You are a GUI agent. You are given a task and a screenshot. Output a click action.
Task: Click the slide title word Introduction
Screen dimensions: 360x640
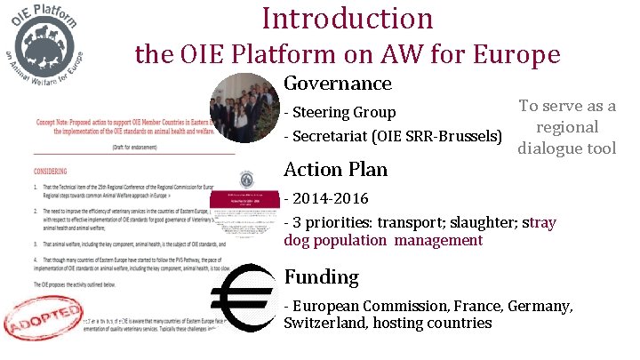pyautogui.click(x=348, y=18)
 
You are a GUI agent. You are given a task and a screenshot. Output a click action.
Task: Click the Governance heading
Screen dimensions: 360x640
pyautogui.click(x=337, y=84)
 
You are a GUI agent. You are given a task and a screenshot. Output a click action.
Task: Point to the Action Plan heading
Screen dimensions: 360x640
pyautogui.click(x=335, y=169)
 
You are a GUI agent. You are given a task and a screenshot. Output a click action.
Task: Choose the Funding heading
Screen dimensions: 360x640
pyautogui.click(x=321, y=277)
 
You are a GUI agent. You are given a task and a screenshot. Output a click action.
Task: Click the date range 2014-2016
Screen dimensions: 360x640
pyautogui.click(x=329, y=196)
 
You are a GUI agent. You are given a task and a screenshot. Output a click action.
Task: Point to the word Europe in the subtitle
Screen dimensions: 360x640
pyautogui.click(x=516, y=55)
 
